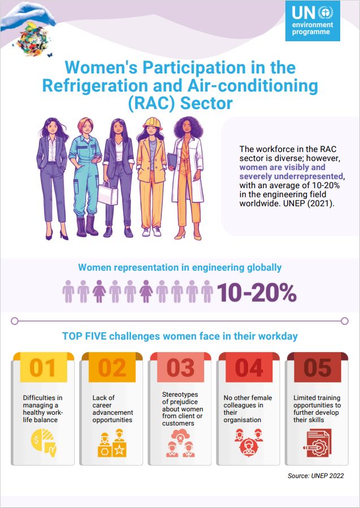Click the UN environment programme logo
[313, 21]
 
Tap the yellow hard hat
[152, 123]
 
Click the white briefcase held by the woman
[107, 193]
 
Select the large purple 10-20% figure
[257, 293]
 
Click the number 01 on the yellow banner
[42, 368]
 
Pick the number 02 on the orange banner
[112, 368]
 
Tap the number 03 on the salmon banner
[180, 368]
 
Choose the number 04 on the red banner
[249, 368]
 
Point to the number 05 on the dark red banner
[318, 368]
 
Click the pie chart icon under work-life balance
[44, 442]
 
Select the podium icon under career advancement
[112, 443]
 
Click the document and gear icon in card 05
[318, 443]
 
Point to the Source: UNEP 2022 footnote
[315, 476]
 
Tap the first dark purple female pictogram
[99, 291]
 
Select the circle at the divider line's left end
[14, 321]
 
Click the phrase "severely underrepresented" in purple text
[291, 176]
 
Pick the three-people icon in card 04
[249, 442]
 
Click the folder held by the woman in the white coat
[172, 160]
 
